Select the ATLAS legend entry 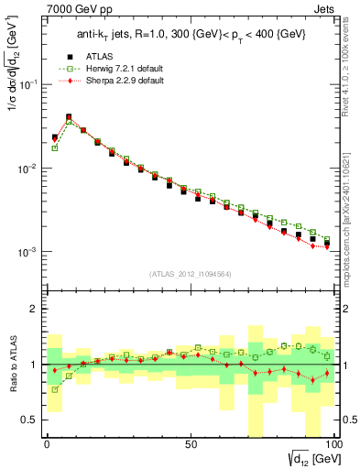point(100,56)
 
